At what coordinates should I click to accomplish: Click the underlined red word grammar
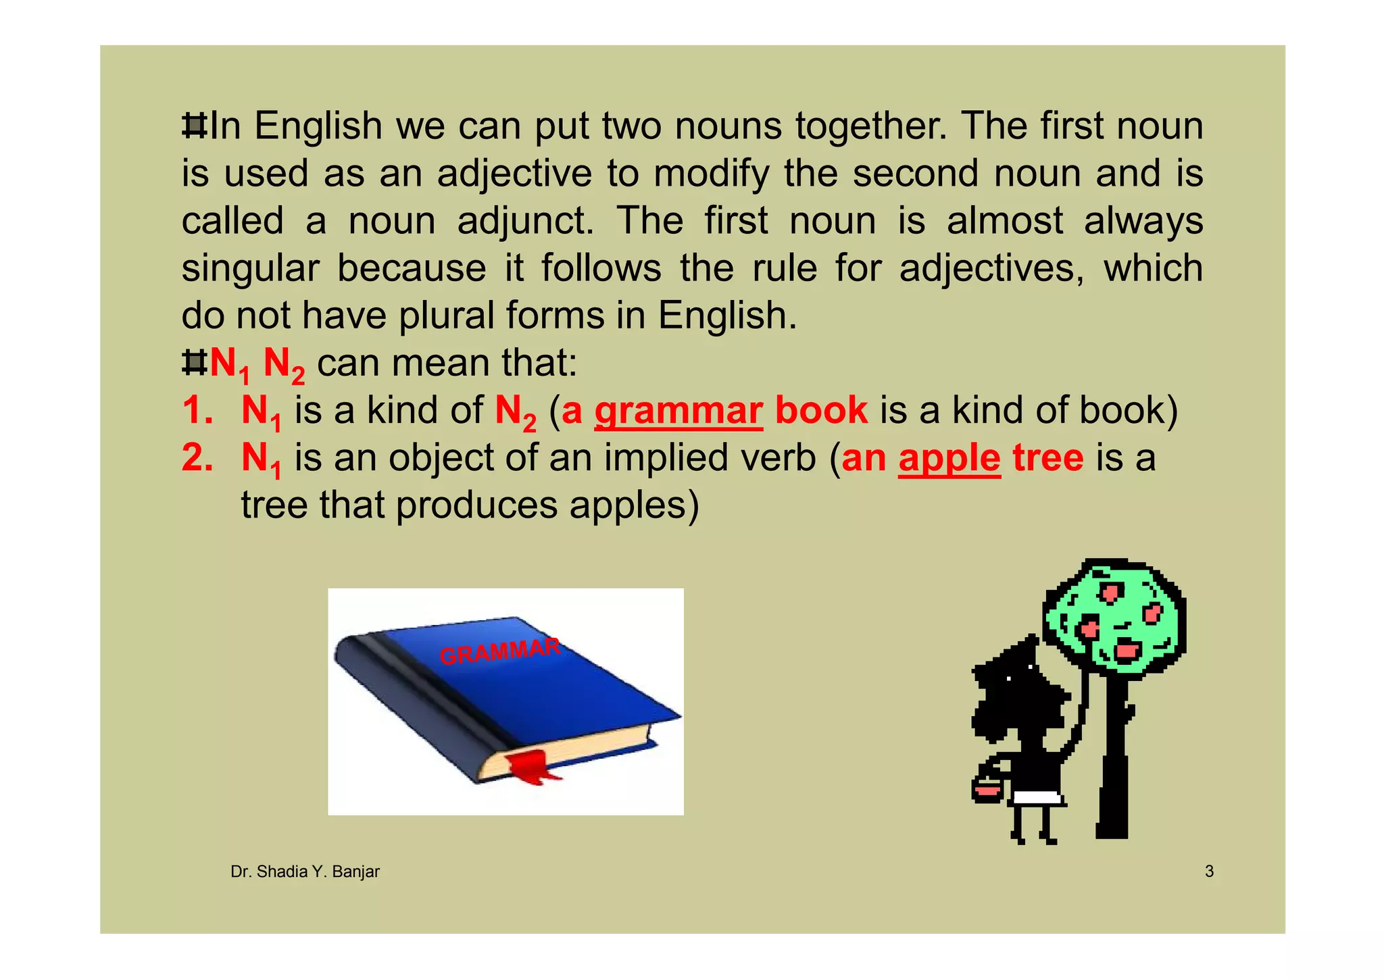tap(678, 411)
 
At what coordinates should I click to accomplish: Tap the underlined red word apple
tap(949, 458)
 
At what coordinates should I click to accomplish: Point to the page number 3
tap(1209, 872)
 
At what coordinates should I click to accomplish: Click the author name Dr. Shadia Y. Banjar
tap(305, 872)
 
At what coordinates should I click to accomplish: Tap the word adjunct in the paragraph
tap(525, 222)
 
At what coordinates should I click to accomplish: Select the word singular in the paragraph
tap(250, 268)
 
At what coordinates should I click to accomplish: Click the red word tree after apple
tap(1047, 458)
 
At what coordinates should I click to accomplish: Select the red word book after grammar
tap(821, 411)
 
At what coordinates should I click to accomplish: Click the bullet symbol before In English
tap(195, 126)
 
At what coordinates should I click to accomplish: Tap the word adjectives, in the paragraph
tap(991, 268)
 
